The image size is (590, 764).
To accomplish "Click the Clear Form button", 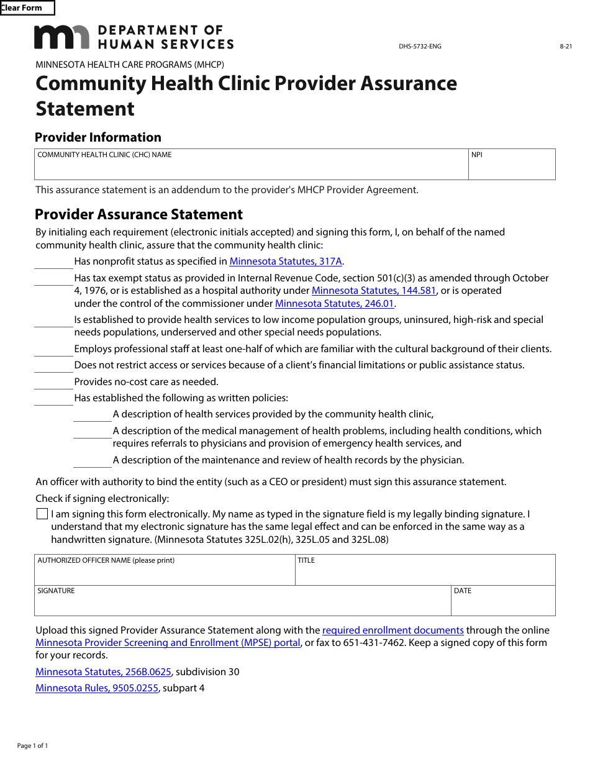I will (x=27, y=8).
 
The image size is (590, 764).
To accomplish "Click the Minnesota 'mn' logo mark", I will (x=61, y=37).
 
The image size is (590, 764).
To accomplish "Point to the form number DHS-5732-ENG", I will (x=420, y=47).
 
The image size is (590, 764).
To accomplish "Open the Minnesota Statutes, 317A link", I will (x=286, y=261).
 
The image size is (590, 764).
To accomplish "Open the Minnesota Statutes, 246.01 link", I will (x=335, y=304).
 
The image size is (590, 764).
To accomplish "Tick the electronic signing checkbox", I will (x=42, y=514).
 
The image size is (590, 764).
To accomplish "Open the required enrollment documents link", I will (x=393, y=630).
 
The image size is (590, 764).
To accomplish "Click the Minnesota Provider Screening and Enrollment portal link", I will (x=168, y=643).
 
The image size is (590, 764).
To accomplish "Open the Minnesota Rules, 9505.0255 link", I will (x=97, y=688).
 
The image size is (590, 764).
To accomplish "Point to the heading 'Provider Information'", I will (x=98, y=137).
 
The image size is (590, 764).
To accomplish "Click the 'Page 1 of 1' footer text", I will (x=32, y=745).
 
